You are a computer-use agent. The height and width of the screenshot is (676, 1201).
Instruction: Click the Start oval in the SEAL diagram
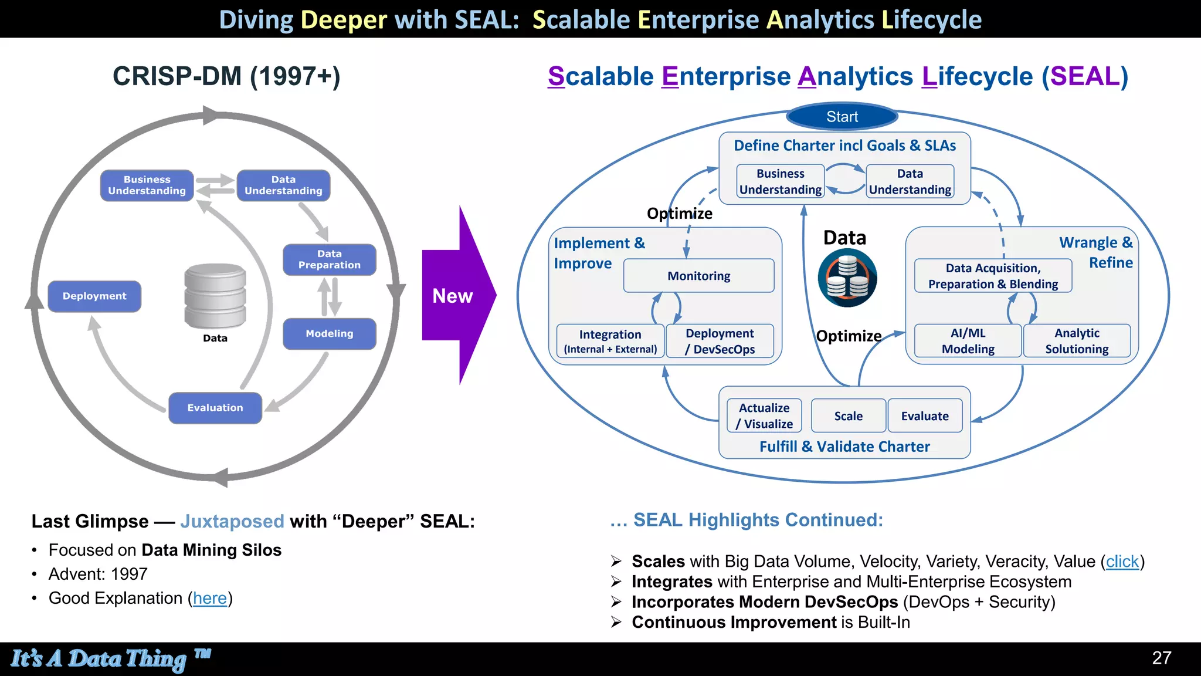[x=842, y=117]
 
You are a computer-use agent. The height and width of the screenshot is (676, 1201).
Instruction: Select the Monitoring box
[x=698, y=276]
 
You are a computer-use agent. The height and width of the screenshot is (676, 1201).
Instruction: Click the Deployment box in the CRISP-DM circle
[x=94, y=296]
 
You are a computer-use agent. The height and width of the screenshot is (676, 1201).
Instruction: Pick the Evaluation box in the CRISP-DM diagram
[x=215, y=408]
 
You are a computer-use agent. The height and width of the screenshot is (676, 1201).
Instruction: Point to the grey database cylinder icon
[x=215, y=296]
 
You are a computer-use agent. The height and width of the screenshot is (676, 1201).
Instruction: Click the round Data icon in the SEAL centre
[x=847, y=278]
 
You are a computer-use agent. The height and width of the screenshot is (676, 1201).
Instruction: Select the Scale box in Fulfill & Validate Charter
[x=848, y=416]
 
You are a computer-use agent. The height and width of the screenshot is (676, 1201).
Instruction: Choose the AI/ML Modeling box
[x=968, y=341]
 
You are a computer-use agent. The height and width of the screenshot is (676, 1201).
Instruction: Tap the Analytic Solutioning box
[x=1077, y=341]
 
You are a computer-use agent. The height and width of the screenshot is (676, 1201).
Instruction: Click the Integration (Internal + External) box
[x=610, y=341]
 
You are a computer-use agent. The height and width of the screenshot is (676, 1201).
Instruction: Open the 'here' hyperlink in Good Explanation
[x=209, y=599]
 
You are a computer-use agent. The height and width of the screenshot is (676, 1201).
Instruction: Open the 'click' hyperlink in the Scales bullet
[x=1122, y=562]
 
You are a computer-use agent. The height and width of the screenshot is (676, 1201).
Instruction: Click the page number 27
[x=1161, y=658]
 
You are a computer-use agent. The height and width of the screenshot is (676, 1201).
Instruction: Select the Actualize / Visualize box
[x=764, y=416]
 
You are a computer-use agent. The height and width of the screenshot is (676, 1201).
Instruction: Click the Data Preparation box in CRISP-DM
[x=329, y=259]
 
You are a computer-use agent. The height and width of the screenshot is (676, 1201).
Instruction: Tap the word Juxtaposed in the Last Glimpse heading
[x=232, y=521]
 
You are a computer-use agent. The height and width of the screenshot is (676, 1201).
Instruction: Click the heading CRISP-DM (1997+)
[x=226, y=76]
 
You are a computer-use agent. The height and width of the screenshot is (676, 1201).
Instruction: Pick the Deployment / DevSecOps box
[x=720, y=341]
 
